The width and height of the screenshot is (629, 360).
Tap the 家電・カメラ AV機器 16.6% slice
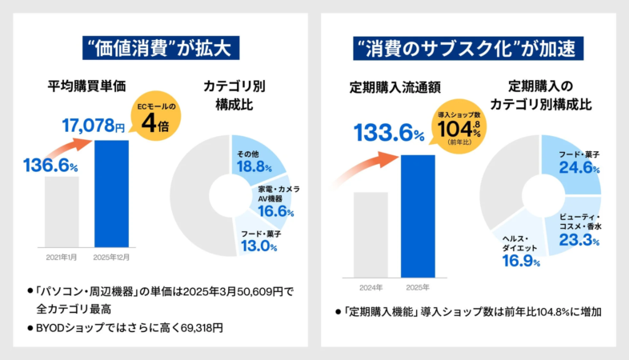pyautogui.click(x=275, y=201)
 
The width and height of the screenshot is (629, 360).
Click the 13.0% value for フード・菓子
pyautogui.click(x=258, y=246)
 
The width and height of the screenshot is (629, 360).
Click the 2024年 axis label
pyautogui.click(x=371, y=286)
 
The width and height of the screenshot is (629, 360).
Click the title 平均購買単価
pyautogui.click(x=86, y=87)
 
